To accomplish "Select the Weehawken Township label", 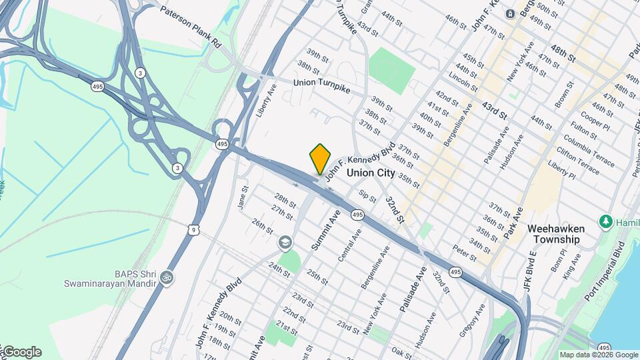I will coord(553,233).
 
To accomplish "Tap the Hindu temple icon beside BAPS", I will coord(167,277).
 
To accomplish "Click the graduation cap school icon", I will coord(285,243).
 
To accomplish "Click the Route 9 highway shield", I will coord(193,230).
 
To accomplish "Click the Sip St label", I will coord(367,196).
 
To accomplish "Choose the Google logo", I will coord(21,352).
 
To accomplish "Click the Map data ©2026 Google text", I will coord(599,355).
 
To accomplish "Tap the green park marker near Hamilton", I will coord(606,221).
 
